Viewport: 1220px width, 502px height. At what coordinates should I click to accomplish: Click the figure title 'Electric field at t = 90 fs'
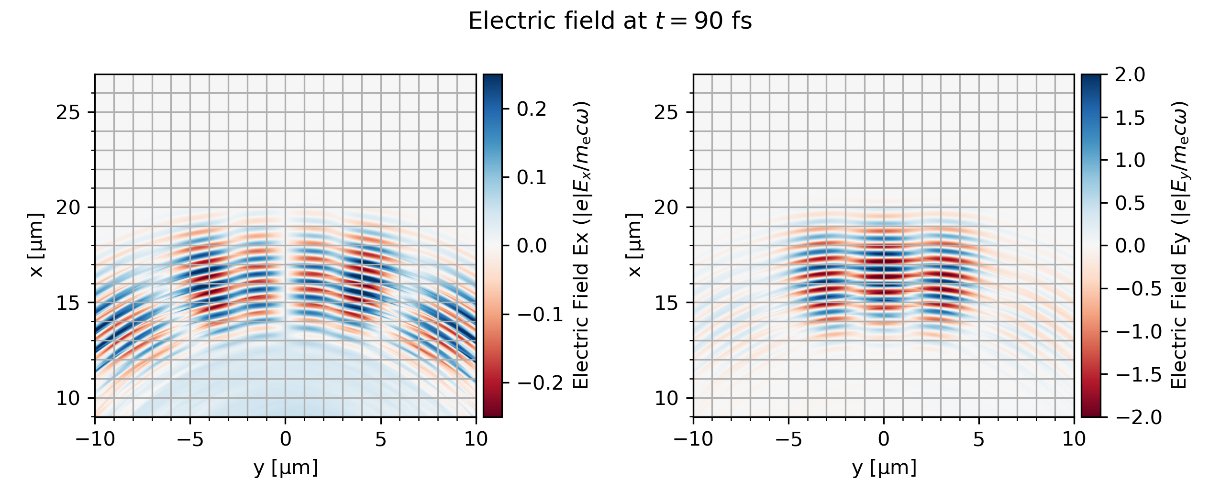coord(610,22)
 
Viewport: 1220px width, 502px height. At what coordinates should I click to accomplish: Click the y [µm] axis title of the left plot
coord(286,467)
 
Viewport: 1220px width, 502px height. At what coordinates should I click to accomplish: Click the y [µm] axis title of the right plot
coord(884,467)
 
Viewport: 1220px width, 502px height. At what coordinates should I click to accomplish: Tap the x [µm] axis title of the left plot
coord(36,245)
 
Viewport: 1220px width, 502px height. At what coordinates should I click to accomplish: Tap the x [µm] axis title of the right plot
coord(634,245)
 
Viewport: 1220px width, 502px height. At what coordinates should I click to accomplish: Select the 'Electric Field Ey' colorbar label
coord(1179,245)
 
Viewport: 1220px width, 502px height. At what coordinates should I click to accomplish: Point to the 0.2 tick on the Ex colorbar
coord(531,109)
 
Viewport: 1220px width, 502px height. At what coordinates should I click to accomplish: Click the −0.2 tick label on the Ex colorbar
coord(540,383)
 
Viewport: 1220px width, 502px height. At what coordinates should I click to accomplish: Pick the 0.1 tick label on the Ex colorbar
coord(531,177)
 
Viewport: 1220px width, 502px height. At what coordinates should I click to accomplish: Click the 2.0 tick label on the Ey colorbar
coord(1130,75)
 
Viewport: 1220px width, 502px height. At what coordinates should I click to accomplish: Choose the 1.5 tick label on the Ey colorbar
coord(1130,118)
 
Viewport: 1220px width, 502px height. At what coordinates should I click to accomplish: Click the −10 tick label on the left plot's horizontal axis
coord(95,439)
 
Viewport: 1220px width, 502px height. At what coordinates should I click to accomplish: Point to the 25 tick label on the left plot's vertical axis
coord(68,112)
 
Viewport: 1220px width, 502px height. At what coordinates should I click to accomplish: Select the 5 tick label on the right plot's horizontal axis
coord(979,439)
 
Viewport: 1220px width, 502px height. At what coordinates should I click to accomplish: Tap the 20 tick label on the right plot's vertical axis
coord(666,207)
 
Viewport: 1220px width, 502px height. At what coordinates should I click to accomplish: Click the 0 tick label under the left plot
coord(286,439)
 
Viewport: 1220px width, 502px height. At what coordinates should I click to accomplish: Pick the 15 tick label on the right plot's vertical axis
coord(666,303)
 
